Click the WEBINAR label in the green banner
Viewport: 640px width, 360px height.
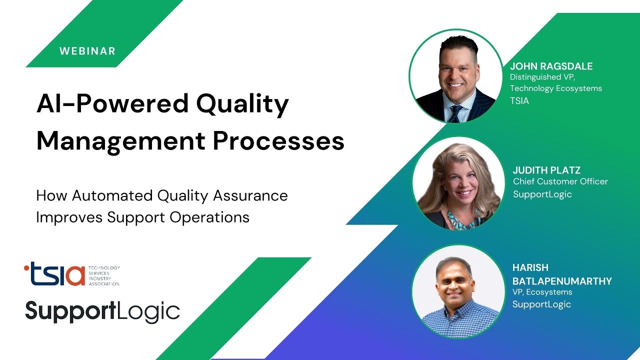coord(87,51)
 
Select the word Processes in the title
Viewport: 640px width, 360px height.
coord(278,141)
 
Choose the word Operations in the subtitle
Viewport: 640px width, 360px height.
coord(209,217)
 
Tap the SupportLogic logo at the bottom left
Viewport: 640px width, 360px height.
coord(102,311)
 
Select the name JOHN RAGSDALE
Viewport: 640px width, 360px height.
coord(551,66)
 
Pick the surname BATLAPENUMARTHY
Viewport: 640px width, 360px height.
coord(562,281)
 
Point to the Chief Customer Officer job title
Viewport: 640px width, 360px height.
coord(560,181)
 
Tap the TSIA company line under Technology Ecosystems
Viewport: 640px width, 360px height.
coord(519,100)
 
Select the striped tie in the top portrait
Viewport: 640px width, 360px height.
coord(455,112)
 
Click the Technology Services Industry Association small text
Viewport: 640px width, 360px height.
coord(103,276)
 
